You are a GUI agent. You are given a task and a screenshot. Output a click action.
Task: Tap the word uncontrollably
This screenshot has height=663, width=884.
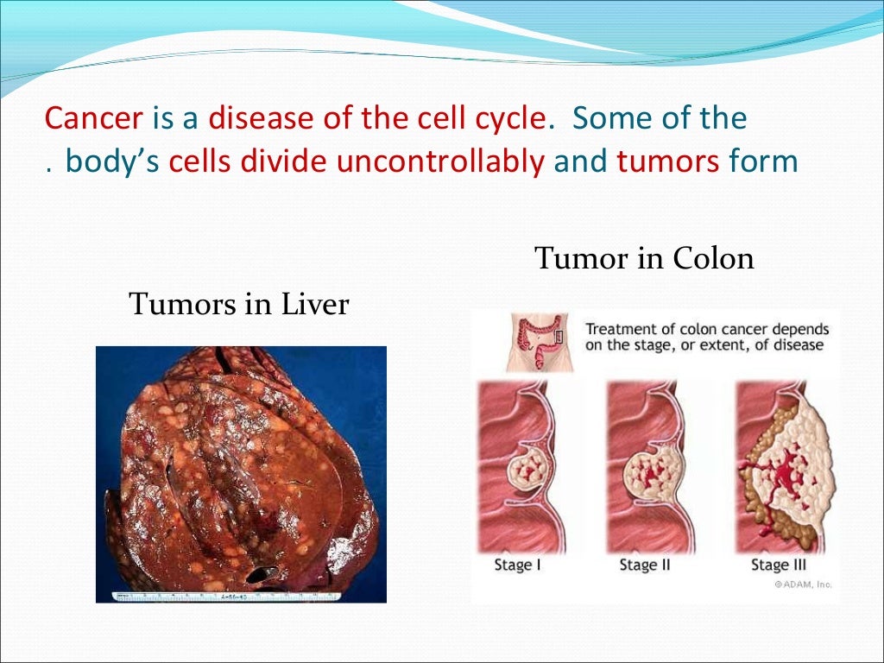pyautogui.click(x=440, y=161)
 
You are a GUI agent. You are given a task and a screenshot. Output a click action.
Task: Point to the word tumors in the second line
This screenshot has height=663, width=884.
pyautogui.click(x=666, y=161)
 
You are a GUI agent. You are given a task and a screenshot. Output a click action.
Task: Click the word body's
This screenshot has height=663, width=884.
pyautogui.click(x=114, y=161)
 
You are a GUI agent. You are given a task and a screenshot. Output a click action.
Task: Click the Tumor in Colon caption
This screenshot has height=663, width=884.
pyautogui.click(x=644, y=258)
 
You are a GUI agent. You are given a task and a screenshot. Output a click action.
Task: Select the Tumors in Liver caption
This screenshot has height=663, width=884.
pyautogui.click(x=238, y=304)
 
